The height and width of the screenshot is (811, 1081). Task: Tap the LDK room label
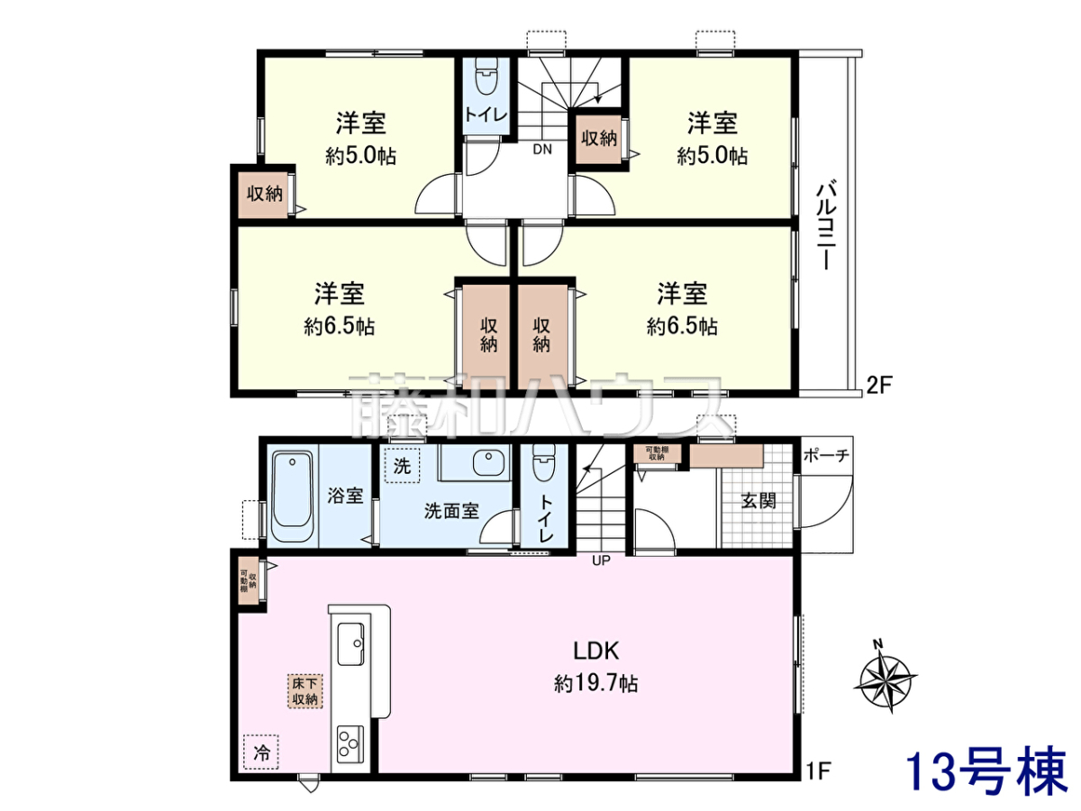click(596, 651)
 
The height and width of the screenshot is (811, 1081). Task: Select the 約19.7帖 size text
click(596, 684)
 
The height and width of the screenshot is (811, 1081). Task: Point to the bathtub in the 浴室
click(292, 497)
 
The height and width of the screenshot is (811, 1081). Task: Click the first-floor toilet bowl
click(544, 463)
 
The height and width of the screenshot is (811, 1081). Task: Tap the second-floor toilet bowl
click(486, 77)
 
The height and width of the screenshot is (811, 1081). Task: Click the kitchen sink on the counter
click(350, 644)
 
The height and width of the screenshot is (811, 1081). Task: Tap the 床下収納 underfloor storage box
click(304, 691)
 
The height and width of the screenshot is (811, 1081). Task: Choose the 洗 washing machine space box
click(403, 465)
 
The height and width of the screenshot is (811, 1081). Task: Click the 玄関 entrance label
click(759, 501)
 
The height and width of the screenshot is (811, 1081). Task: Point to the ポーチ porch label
click(826, 455)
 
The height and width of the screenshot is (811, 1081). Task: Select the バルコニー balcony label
click(827, 226)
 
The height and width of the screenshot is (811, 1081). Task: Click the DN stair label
click(542, 150)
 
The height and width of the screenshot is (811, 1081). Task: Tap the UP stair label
click(601, 560)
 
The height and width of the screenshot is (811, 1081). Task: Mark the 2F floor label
click(879, 386)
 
